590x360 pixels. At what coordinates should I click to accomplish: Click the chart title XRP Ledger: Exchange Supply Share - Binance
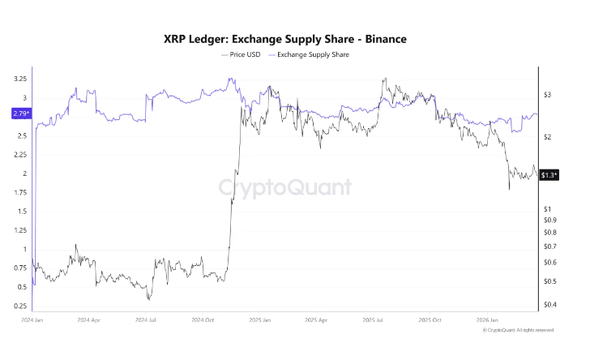(294, 38)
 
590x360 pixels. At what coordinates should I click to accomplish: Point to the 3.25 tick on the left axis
(19, 79)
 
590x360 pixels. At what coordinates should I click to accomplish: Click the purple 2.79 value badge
(20, 114)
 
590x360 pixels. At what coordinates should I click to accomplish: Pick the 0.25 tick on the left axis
(19, 306)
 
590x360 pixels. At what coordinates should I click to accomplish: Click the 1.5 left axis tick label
(21, 211)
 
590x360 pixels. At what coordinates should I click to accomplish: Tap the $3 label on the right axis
(548, 95)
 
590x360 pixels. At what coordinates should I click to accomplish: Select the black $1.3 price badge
(549, 175)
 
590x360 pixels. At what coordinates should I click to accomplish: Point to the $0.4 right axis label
(550, 305)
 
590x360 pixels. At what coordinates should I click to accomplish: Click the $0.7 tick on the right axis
(550, 246)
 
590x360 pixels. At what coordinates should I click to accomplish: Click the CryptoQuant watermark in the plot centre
(286, 188)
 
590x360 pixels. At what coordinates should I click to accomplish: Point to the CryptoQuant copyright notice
(518, 330)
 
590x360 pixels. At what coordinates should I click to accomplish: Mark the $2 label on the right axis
(548, 137)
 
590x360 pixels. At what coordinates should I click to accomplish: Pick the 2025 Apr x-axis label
(315, 320)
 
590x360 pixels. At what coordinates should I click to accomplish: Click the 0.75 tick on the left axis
(19, 268)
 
